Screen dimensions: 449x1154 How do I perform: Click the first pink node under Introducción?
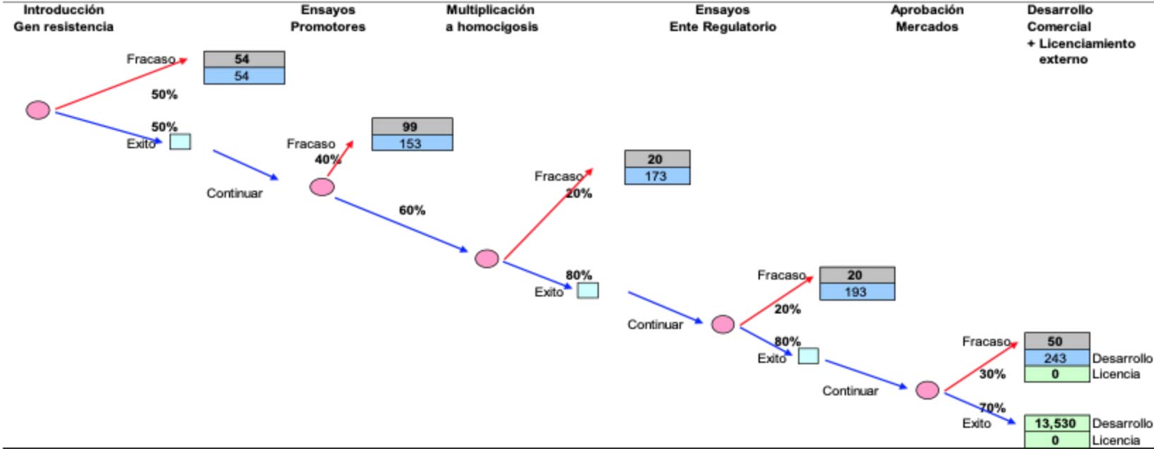coord(38,110)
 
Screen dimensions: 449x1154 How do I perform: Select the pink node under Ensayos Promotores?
coord(322,187)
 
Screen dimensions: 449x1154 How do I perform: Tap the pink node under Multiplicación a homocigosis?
coord(487,259)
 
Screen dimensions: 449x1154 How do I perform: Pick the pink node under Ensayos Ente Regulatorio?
coord(722,324)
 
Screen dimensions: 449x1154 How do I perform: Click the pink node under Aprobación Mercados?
coord(927,390)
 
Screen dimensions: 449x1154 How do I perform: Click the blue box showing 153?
coord(412,143)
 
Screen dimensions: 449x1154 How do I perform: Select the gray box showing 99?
coord(412,126)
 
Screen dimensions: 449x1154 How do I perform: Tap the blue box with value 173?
coord(657,176)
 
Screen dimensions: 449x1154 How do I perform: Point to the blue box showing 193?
coord(857,292)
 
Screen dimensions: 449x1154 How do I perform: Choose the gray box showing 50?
coord(1056,341)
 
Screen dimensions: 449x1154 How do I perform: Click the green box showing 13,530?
coord(1056,424)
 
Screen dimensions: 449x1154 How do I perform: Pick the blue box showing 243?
coord(1056,358)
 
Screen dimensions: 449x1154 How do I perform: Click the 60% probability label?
coord(412,210)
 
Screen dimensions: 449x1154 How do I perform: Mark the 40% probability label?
coord(328,160)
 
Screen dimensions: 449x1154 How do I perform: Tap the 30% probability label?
coord(992,374)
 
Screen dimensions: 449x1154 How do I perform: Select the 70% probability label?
coord(992,407)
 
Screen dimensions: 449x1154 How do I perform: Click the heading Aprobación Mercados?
coord(927,18)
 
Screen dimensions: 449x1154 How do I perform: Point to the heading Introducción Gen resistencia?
coord(64,18)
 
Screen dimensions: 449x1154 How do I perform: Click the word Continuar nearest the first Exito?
coord(234,193)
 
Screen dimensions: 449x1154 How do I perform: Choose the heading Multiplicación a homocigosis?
coord(491,18)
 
